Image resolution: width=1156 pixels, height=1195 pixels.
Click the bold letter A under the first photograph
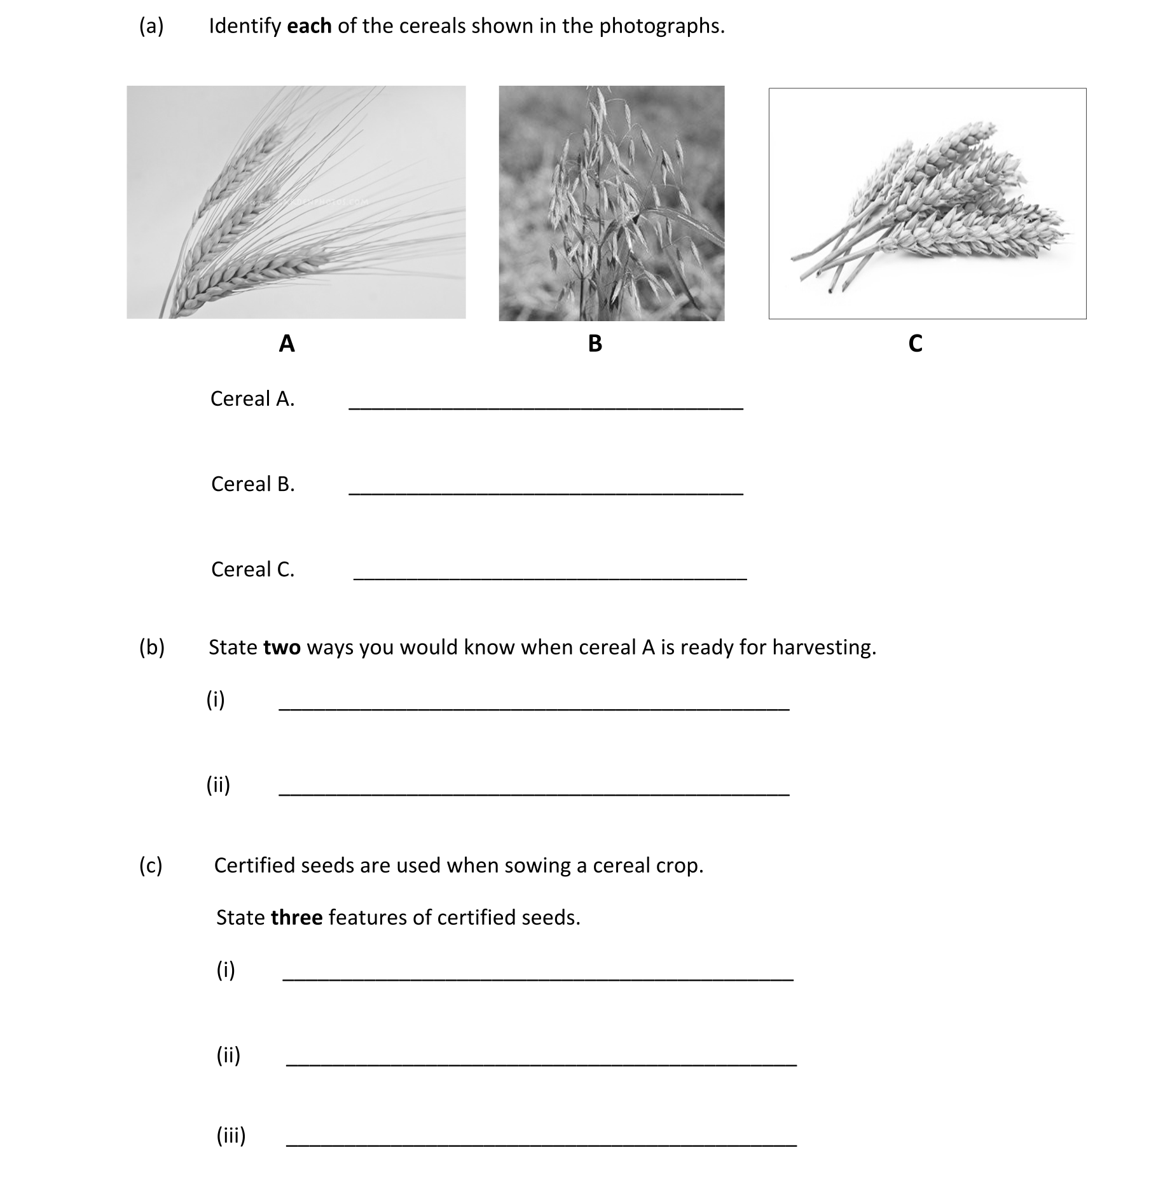287,343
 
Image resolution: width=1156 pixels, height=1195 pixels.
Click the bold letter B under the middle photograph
595,343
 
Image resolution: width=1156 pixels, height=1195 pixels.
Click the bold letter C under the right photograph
915,343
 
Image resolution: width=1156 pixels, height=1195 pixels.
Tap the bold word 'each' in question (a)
309,26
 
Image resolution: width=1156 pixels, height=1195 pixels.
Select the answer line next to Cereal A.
546,408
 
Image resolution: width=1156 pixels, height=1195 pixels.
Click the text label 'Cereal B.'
253,484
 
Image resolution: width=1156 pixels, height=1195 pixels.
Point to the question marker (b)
152,647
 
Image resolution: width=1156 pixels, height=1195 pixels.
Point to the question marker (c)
151,866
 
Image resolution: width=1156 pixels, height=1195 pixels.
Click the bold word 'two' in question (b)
282,647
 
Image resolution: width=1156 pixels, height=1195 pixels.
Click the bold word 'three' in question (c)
296,918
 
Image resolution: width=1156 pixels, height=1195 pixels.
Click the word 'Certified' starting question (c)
254,866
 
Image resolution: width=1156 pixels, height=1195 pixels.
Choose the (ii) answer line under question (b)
534,794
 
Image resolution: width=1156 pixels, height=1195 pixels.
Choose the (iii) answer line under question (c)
541,1145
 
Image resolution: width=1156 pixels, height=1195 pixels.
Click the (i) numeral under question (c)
226,970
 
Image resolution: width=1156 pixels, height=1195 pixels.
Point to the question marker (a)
151,26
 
